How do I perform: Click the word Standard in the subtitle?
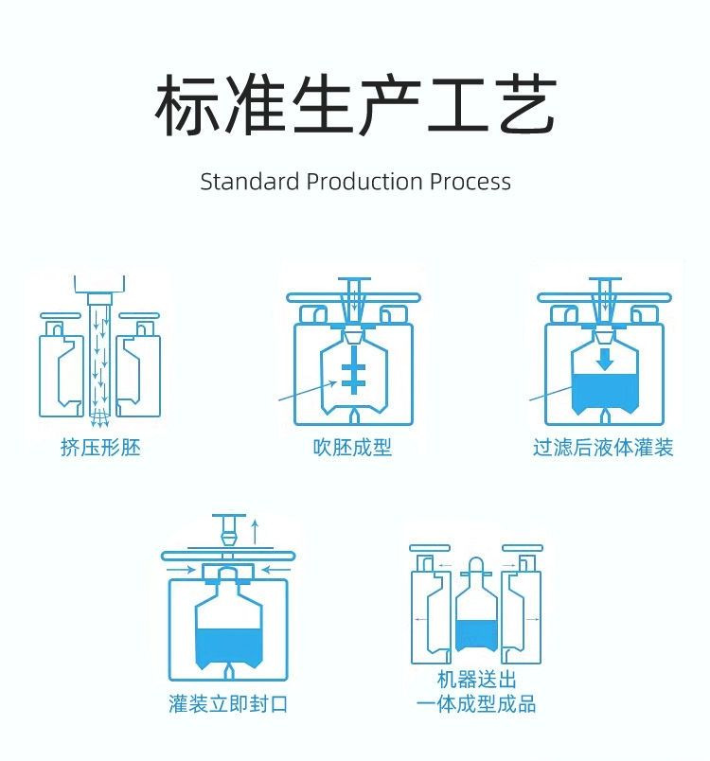coord(249,182)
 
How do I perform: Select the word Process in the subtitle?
coord(470,182)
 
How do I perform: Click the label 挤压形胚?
coord(100,448)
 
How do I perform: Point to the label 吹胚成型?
coord(352,448)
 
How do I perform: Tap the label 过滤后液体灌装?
coord(603,448)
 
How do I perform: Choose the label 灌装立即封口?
coord(228,704)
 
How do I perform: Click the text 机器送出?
coord(477,681)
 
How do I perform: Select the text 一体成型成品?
coord(477,704)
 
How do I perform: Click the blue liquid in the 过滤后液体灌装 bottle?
coord(605,393)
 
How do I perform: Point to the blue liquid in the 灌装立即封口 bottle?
coord(228,646)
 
